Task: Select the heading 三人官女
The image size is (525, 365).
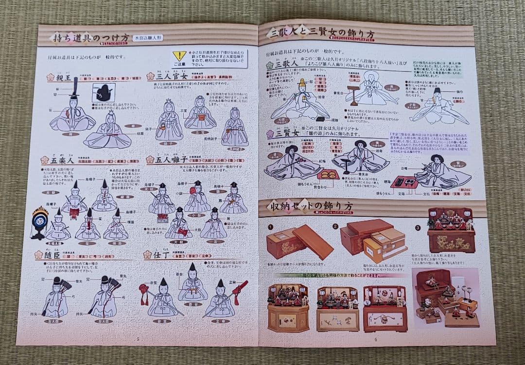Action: coord(167,76)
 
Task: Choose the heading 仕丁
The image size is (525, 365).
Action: coord(157,255)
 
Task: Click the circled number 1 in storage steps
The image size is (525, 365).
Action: coord(270,226)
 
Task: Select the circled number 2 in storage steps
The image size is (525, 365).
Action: coord(335,226)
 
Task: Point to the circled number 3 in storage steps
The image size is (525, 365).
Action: coord(418,227)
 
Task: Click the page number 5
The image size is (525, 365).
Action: coord(138,339)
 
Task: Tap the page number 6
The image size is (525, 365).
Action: coord(375,339)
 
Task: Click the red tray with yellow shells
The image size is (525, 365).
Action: coord(328,174)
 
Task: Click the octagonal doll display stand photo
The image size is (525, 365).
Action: coord(288,308)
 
